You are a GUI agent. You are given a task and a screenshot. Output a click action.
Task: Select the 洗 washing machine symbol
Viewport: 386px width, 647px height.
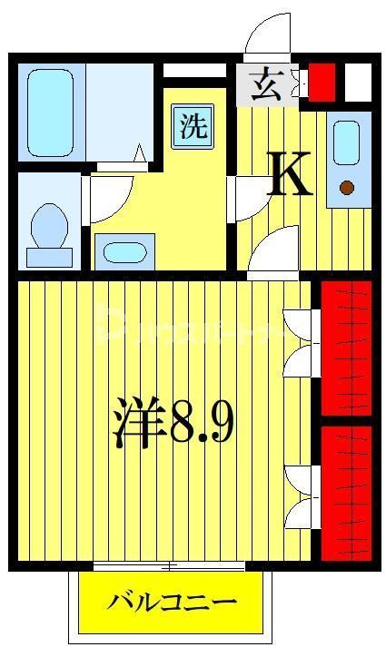pos(191,125)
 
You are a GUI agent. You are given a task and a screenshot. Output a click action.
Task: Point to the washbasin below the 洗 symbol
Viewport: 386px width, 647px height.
pos(124,251)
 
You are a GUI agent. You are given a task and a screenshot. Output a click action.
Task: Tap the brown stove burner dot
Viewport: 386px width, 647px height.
pos(346,188)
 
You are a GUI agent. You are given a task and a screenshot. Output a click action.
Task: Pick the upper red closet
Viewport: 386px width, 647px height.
pos(347,348)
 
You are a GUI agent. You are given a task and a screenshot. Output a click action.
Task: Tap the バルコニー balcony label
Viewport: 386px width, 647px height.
pos(173,602)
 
